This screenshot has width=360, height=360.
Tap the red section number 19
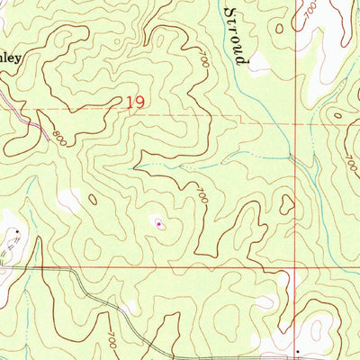tap(136, 103)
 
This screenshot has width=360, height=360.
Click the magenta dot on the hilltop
tap(159, 223)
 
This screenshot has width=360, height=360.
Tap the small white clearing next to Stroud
tap(259, 62)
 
